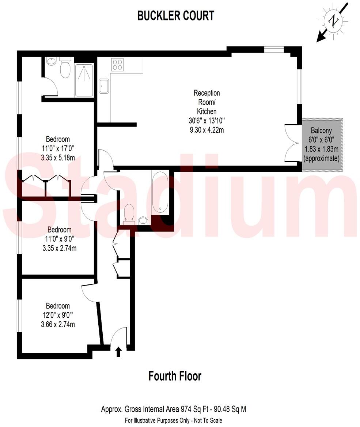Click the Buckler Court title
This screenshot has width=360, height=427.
tap(175, 16)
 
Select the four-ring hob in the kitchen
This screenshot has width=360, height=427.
tap(118, 64)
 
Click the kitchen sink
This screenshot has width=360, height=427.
tap(104, 86)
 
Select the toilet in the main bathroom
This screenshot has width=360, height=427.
tap(129, 213)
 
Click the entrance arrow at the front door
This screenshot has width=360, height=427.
tap(118, 352)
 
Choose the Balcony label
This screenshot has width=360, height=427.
tap(321, 131)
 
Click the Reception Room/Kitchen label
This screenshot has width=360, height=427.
tap(206, 102)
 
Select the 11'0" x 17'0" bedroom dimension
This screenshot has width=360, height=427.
tap(58, 148)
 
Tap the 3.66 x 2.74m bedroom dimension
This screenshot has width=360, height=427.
tap(58, 324)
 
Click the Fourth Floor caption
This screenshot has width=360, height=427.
tap(175, 376)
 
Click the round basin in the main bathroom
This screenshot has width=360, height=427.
tap(143, 220)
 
